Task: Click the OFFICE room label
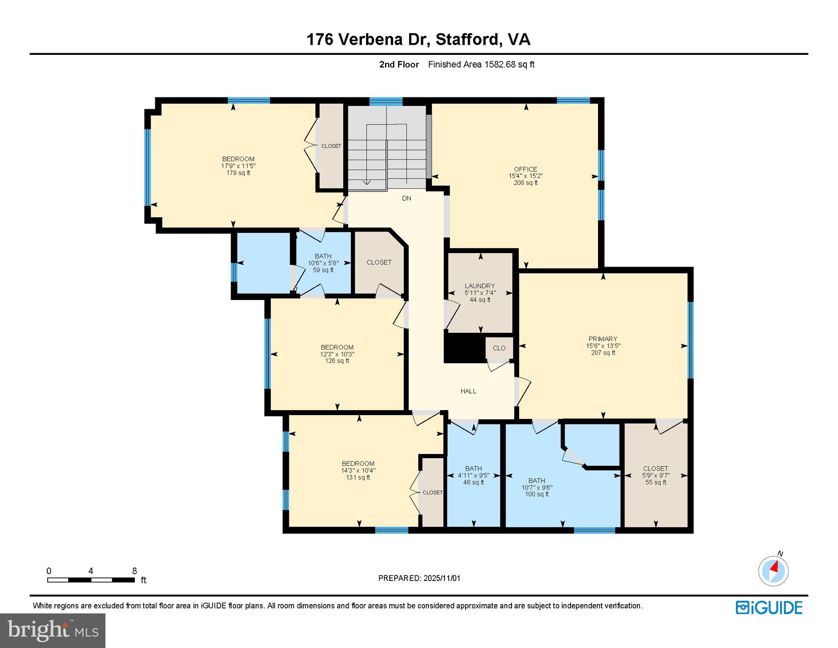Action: pos(525,169)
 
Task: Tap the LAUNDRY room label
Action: pos(480,286)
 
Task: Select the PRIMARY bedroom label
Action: pos(603,339)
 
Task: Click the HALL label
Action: pos(468,391)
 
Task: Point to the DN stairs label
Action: pos(406,198)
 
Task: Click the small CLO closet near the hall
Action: pos(499,348)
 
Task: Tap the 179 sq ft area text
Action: pos(238,173)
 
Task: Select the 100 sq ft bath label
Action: pos(536,494)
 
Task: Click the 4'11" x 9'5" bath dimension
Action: pos(474,475)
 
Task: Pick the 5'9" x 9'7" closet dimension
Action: pos(655,475)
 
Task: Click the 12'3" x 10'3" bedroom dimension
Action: pos(337,354)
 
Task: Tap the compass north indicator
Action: pos(773,570)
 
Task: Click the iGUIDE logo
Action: pos(769,607)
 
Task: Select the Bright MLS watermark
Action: pos(53,630)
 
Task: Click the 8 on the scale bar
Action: pos(135,571)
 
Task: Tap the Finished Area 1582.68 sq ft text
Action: pos(481,65)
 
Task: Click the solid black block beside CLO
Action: pos(464,348)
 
